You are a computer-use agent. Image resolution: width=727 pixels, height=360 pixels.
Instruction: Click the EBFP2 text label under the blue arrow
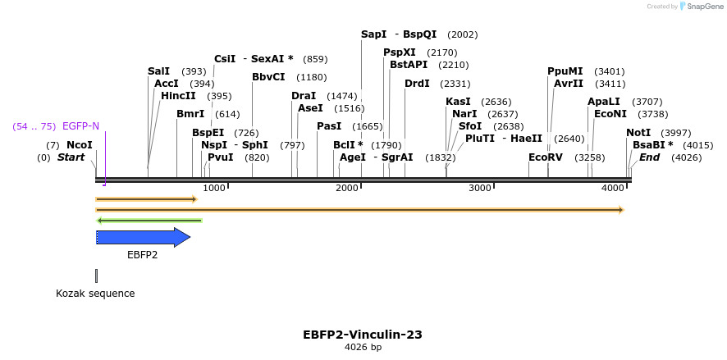coord(142,254)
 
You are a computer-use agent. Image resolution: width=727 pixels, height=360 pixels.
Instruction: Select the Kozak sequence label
coord(95,293)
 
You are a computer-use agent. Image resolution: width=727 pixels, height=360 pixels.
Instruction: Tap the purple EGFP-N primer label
coord(80,126)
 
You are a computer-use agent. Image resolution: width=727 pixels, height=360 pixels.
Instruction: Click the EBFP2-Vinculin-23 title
coord(363,335)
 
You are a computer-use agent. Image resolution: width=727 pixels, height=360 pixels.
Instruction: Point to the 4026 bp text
coord(363,348)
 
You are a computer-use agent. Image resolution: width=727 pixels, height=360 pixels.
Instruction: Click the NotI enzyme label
coord(638,133)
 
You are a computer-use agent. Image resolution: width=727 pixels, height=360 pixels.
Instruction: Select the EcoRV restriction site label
coord(546,157)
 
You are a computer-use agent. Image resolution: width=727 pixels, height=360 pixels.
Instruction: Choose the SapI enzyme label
coord(373,34)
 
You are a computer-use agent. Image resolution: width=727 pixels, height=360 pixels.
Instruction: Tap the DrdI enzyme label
coord(417,84)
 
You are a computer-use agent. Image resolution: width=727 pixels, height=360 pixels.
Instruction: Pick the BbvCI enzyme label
coord(268,77)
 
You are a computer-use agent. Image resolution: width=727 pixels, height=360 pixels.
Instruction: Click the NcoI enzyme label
coord(80,145)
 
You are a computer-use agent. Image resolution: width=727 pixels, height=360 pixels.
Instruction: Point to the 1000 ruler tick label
coord(213,188)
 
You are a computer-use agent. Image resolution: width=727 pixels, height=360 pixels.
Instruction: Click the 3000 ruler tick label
coord(479,188)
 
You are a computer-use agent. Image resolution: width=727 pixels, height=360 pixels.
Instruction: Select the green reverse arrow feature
coord(149,220)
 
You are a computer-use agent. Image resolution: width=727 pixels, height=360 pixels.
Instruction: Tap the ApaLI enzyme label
coord(603,102)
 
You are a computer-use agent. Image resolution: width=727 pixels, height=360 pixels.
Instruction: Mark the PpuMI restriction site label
coord(565,71)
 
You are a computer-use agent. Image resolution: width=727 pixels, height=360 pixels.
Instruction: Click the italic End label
coord(649,157)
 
